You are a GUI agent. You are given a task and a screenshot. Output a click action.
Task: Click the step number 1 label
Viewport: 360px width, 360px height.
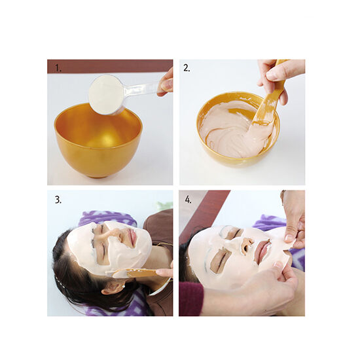(x=58, y=68)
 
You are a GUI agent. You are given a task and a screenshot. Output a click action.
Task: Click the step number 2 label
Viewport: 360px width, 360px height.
(x=187, y=68)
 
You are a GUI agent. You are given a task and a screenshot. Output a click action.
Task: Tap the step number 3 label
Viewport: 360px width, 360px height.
(x=58, y=200)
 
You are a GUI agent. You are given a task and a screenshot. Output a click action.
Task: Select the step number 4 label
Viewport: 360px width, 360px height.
(x=188, y=200)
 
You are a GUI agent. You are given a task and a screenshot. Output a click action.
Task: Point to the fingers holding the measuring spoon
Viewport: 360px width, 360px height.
(x=166, y=82)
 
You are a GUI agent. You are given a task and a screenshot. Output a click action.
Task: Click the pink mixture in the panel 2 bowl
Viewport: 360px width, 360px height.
(x=231, y=131)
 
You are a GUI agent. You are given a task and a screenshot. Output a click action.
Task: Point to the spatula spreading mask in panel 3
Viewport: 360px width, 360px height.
(x=137, y=273)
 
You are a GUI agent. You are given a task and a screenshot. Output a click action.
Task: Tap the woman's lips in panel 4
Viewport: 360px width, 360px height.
(x=264, y=249)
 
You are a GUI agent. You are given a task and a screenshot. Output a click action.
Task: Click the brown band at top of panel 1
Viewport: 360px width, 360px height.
(x=110, y=67)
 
